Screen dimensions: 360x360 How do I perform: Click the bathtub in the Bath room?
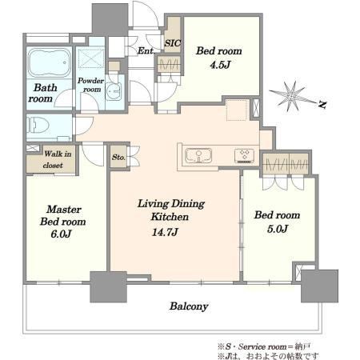(50, 63)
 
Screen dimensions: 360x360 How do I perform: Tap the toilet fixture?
(38, 125)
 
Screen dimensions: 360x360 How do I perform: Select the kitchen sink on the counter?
(198, 155)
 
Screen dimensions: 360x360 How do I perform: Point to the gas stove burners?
(245, 156)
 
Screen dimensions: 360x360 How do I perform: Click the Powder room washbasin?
(114, 91)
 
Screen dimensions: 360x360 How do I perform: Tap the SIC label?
(173, 43)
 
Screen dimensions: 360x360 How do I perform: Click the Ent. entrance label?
(146, 50)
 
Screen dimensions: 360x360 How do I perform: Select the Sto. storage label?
(118, 158)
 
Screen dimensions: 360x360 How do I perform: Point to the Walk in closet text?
(57, 159)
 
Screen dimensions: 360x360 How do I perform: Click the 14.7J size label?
(165, 232)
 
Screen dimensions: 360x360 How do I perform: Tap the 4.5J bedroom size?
(220, 65)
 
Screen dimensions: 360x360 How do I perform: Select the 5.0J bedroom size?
(278, 229)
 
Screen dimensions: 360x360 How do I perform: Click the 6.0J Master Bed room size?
(61, 234)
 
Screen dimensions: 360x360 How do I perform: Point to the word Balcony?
(189, 306)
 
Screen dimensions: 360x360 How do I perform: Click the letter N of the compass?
(322, 104)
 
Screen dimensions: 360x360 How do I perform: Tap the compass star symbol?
(291, 96)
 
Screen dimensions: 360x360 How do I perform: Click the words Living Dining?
(171, 204)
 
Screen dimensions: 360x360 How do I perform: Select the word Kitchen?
(170, 217)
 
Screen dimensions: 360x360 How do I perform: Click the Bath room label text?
(42, 93)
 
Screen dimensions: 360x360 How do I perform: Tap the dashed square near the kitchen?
(236, 110)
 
